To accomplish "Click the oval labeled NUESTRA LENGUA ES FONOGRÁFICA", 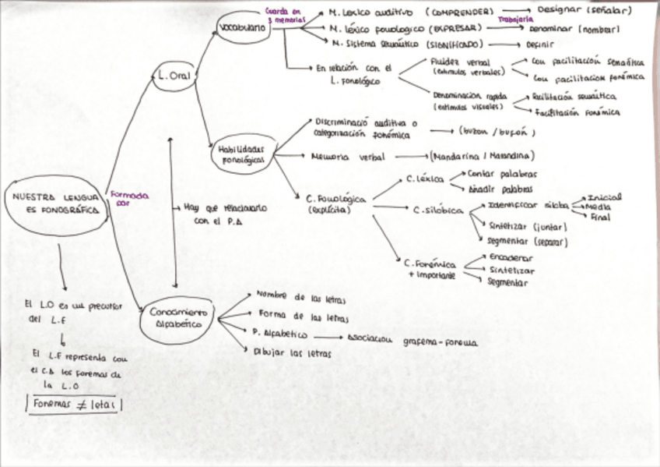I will (x=54, y=204).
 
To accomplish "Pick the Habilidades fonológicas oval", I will (x=244, y=153).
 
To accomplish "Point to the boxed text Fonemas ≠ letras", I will (x=74, y=404).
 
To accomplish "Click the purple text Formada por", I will (x=129, y=200).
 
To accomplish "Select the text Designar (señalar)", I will (x=585, y=11).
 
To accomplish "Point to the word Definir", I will (x=541, y=44).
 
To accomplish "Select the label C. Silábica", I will (x=438, y=211).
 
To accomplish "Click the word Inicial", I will (x=605, y=198).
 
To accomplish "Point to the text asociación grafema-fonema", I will (x=412, y=341).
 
